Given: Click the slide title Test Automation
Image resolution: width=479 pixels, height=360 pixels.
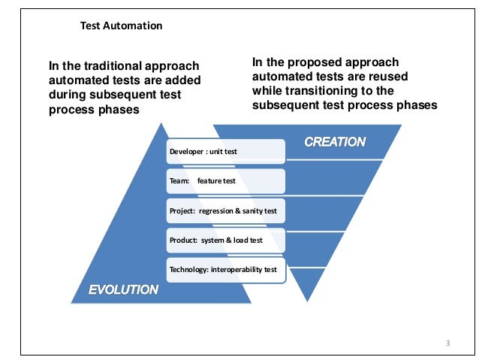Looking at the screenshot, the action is (x=121, y=26).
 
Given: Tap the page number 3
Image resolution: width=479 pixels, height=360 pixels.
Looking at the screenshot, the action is (x=447, y=343).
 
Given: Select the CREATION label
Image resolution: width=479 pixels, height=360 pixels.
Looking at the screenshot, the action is (x=335, y=142).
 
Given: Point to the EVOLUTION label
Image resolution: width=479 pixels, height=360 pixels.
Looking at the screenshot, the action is (x=124, y=289).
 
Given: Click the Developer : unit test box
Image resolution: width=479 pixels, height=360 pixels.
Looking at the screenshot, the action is (x=225, y=151).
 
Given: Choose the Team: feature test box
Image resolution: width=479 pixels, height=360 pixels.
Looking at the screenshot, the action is (x=225, y=181).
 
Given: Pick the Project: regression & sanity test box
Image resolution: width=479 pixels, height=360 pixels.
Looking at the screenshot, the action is (x=225, y=211).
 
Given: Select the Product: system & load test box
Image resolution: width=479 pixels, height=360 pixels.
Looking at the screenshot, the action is (x=225, y=241).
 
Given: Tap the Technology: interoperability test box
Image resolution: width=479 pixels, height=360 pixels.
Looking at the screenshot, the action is (x=225, y=270).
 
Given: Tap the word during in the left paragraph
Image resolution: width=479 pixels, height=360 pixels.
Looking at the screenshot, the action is (x=68, y=95).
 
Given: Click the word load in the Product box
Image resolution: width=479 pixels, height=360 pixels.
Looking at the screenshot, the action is (x=246, y=241).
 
